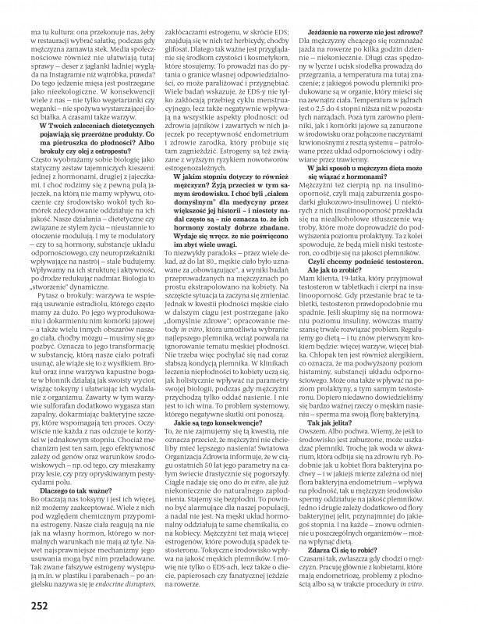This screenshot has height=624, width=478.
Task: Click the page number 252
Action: (20, 605)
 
